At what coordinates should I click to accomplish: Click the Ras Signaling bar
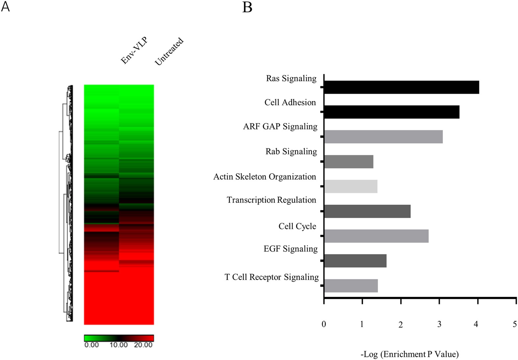(x=401, y=87)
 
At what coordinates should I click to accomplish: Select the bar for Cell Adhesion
(x=391, y=112)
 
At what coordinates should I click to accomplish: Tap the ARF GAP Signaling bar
(x=383, y=137)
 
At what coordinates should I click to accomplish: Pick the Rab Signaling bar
(x=349, y=162)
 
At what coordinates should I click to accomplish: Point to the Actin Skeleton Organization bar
(x=351, y=187)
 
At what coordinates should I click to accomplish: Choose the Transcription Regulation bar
(x=367, y=211)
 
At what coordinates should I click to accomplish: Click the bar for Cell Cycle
(x=376, y=236)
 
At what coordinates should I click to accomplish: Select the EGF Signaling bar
(x=355, y=261)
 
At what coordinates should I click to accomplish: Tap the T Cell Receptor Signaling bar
(x=351, y=286)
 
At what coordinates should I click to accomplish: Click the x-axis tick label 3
(x=439, y=324)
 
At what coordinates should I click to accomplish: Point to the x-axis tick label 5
(x=515, y=324)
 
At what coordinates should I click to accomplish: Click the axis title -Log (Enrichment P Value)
(x=409, y=354)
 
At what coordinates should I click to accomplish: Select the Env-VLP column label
(x=134, y=50)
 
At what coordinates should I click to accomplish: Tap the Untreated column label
(x=169, y=51)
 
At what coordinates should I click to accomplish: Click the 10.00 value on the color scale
(x=118, y=345)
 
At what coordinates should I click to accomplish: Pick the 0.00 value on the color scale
(x=91, y=345)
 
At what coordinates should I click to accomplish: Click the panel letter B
(x=247, y=7)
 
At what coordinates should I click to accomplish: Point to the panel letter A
(x=5, y=7)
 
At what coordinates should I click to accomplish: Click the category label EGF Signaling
(x=290, y=249)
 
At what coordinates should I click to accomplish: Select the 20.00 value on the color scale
(x=143, y=345)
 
